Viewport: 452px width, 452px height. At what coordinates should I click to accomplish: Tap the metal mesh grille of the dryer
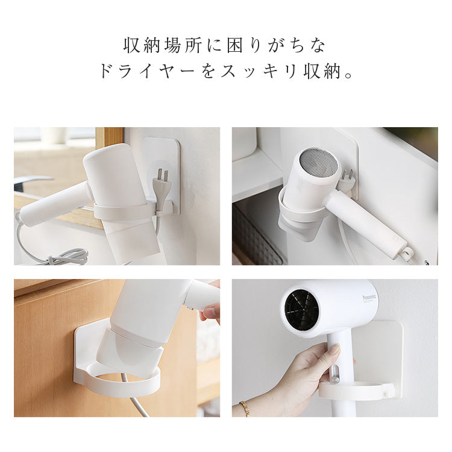318,163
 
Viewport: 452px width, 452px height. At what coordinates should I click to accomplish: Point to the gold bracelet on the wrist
245,408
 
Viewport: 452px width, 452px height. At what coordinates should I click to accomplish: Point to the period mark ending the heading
348,75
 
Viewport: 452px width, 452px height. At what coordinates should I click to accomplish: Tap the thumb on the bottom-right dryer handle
334,350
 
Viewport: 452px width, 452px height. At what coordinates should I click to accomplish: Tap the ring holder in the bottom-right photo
356,391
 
